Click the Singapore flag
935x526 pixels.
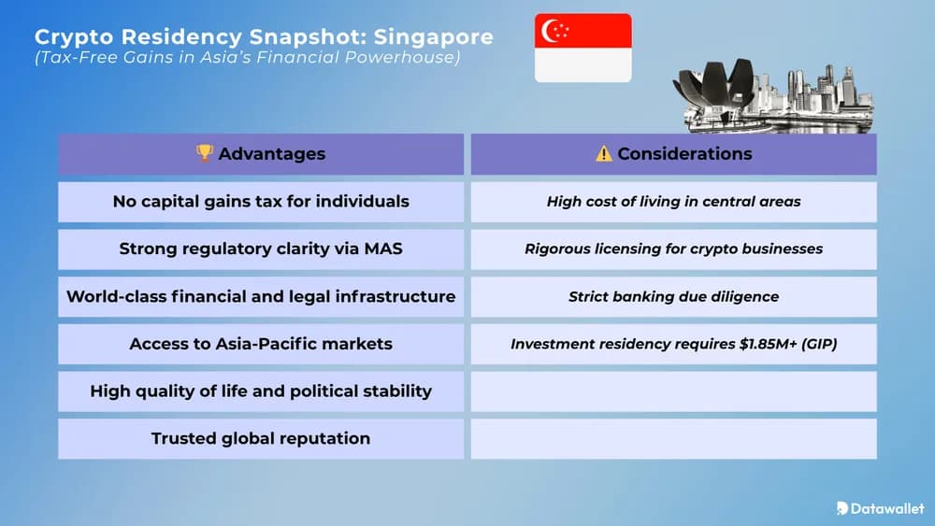tap(583, 48)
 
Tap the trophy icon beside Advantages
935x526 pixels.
tap(205, 153)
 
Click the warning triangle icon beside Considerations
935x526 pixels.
tap(604, 153)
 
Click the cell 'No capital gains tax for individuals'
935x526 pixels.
tap(261, 202)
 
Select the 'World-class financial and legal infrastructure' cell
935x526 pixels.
tap(261, 297)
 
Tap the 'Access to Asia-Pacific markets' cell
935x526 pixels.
tap(261, 344)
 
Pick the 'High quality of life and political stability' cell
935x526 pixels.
tap(261, 391)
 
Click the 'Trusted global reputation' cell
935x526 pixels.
tap(261, 438)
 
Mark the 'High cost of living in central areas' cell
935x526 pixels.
tap(673, 202)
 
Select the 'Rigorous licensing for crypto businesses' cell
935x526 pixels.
tap(673, 249)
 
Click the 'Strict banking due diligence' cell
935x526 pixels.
tap(673, 297)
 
